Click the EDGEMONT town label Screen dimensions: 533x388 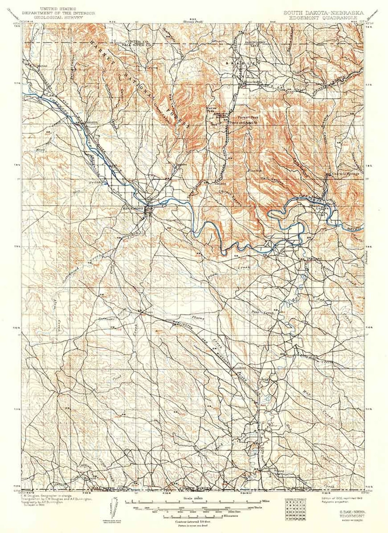point(133,209)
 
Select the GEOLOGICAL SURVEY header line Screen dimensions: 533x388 point(58,17)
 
